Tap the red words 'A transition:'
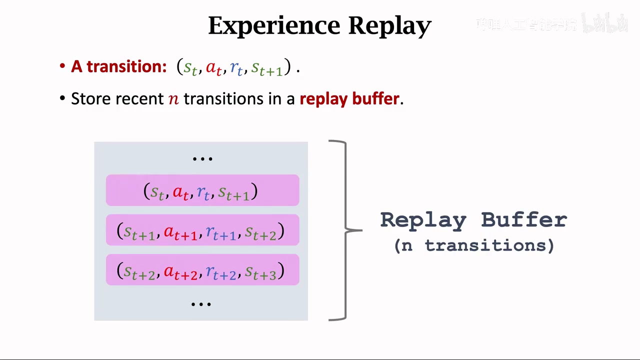point(118,66)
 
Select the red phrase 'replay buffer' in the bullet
point(349,98)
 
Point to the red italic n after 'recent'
point(173,99)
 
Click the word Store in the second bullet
point(91,98)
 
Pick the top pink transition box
point(202,190)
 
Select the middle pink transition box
point(202,230)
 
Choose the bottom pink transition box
point(202,270)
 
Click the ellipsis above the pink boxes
point(202,158)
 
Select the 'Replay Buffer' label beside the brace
point(473,220)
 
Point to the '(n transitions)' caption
point(474,245)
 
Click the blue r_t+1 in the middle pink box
point(221,232)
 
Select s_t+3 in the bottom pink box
point(261,272)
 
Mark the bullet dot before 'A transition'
point(62,66)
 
